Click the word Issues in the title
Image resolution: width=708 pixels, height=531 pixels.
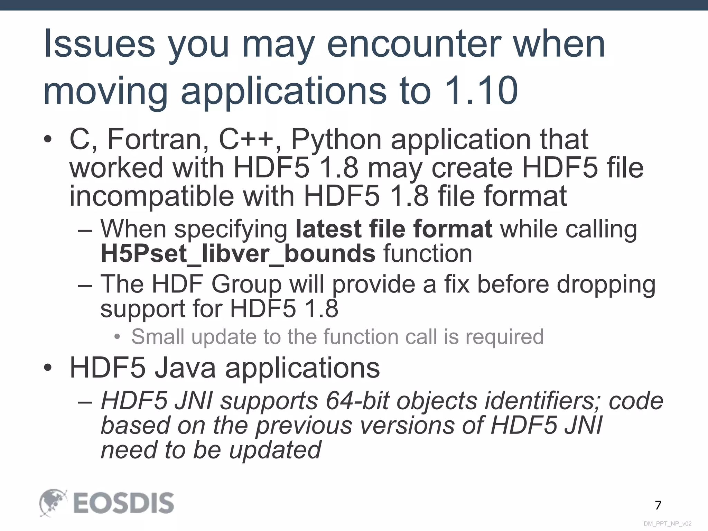click(x=100, y=44)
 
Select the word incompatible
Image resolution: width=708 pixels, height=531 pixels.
click(x=151, y=196)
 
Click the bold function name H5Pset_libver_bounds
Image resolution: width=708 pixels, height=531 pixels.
click(x=238, y=254)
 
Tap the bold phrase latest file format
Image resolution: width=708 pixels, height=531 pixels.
click(x=394, y=229)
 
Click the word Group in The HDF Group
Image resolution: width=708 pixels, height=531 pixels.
click(x=246, y=285)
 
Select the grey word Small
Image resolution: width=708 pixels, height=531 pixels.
click(x=158, y=337)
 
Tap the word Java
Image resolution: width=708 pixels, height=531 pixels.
click(x=185, y=368)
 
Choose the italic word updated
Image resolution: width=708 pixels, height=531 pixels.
click(x=276, y=450)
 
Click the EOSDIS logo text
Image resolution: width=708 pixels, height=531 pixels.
click(x=123, y=503)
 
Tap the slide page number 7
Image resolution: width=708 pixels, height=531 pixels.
click(x=658, y=505)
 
